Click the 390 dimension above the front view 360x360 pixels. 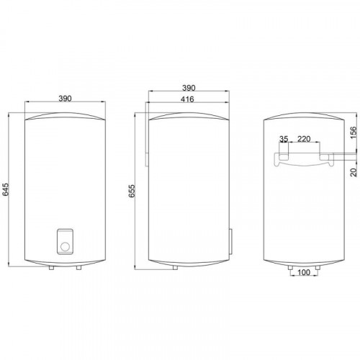pyautogui.click(x=65, y=99)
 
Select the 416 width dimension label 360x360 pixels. pyautogui.click(x=187, y=99)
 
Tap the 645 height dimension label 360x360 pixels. pyautogui.click(x=5, y=189)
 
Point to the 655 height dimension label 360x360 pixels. pyautogui.click(x=132, y=191)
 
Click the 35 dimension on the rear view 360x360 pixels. pyautogui.click(x=284, y=139)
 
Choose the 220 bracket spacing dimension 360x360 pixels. pyautogui.click(x=304, y=139)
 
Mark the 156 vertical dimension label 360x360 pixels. pyautogui.click(x=354, y=132)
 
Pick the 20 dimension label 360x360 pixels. pyautogui.click(x=354, y=172)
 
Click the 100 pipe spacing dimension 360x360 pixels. pyautogui.click(x=304, y=272)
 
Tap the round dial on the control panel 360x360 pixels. pyautogui.click(x=65, y=246)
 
